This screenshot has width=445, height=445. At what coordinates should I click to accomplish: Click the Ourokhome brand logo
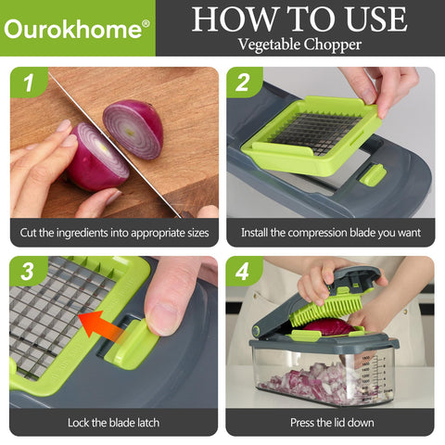coord(75,29)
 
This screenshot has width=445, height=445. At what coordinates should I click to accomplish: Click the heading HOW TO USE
coord(299,19)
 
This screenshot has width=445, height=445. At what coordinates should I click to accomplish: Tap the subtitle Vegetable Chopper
coord(299,43)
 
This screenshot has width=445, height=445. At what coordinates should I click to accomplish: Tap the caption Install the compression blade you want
coord(330,232)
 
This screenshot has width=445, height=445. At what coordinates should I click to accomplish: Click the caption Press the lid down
coord(330,422)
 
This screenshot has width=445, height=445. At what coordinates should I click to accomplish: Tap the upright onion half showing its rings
coord(133,127)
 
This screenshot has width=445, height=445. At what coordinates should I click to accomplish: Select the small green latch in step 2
coord(373,173)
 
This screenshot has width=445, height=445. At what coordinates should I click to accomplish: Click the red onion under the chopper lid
coord(324,326)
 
